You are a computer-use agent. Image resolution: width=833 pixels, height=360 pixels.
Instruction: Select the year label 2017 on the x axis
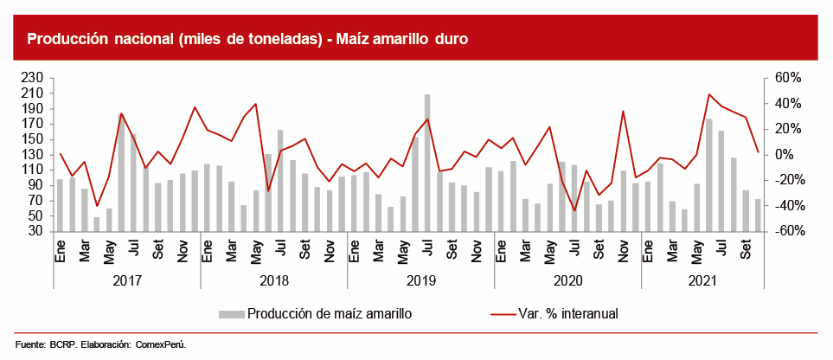point(126,280)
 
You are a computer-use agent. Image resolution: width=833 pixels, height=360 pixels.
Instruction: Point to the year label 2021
point(702,280)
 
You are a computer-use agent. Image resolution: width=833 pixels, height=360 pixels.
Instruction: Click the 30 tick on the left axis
point(36,231)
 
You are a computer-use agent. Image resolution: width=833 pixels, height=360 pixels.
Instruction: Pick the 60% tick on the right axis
point(787,78)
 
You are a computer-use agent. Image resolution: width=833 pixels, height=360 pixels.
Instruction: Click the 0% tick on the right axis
point(784,154)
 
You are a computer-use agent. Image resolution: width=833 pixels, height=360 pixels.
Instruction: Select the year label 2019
point(420,280)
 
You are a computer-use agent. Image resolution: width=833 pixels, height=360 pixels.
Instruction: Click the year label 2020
point(567,280)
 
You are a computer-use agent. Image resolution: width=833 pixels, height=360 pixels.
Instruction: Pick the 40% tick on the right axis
point(787,103)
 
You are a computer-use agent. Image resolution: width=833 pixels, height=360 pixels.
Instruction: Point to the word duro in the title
point(448,40)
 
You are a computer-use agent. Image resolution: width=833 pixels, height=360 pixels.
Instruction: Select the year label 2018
point(273,280)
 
